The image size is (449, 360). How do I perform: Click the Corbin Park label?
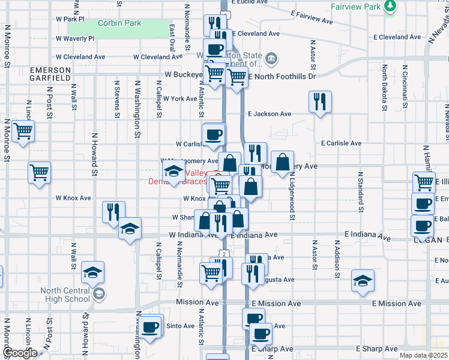(119, 23)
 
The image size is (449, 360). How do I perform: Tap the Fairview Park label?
(355, 7)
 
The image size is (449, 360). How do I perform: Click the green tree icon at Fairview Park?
(390, 5)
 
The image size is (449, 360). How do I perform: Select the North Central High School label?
(65, 295)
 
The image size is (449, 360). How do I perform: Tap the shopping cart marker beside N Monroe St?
(23, 130)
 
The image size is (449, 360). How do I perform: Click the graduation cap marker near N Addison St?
(363, 281)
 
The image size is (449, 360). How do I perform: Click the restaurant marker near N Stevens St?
(113, 212)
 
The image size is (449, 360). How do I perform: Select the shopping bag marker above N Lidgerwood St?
(282, 163)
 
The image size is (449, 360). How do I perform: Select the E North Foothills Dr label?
(282, 76)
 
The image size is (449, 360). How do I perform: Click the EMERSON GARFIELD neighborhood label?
(51, 74)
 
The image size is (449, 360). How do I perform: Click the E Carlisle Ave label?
(341, 143)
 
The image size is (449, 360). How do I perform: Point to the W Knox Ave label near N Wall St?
(73, 197)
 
